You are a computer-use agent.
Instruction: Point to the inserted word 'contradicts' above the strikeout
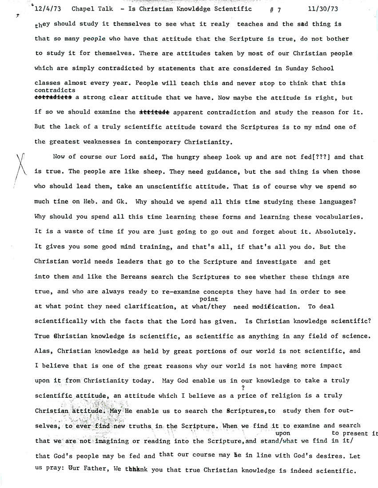(x=55, y=90)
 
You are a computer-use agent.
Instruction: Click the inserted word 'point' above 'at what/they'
(x=209, y=300)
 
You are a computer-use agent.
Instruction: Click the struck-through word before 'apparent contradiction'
(x=154, y=112)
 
